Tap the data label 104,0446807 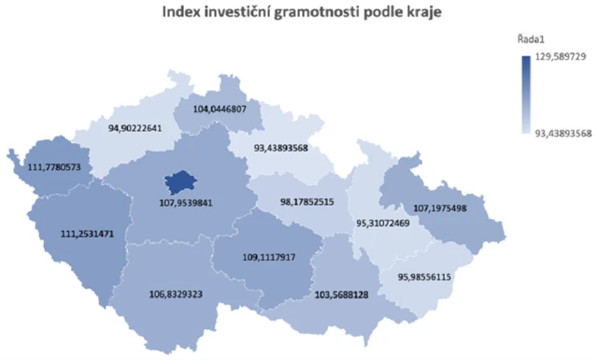click(x=221, y=109)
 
